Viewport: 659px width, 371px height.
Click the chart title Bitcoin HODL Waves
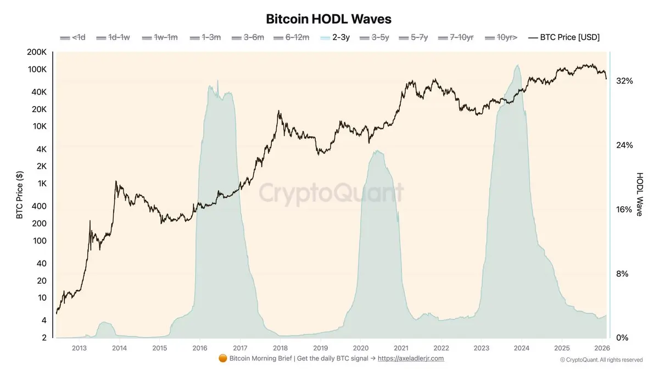pyautogui.click(x=328, y=19)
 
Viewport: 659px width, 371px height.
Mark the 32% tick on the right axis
pyautogui.click(x=624, y=81)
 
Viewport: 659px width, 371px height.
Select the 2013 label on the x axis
pyautogui.click(x=79, y=348)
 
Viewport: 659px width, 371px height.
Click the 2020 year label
pyautogui.click(x=361, y=348)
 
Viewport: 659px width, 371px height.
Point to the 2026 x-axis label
pyautogui.click(x=602, y=348)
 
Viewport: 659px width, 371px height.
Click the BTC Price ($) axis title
pyautogui.click(x=20, y=195)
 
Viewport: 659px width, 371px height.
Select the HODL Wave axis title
pyautogui.click(x=640, y=194)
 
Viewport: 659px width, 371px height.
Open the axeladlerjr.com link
pyautogui.click(x=411, y=359)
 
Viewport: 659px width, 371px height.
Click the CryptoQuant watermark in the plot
pyautogui.click(x=331, y=193)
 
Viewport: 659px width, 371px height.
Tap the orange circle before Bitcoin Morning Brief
pyautogui.click(x=222, y=359)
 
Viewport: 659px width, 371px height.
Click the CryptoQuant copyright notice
pyautogui.click(x=601, y=360)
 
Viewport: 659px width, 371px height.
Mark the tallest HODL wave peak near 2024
pyautogui.click(x=517, y=65)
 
